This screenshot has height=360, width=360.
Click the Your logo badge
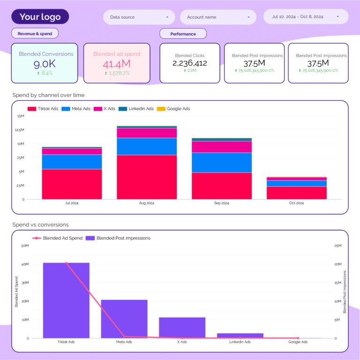(40, 17)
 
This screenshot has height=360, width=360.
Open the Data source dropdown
(139, 17)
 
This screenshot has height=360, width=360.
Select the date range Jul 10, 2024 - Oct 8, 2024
(306, 16)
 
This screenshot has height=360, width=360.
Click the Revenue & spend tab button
(35, 34)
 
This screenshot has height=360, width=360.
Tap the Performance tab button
(183, 34)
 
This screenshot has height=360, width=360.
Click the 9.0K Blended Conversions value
(46, 64)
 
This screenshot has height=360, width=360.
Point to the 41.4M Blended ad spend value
(117, 64)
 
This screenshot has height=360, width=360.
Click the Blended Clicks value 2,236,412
(190, 63)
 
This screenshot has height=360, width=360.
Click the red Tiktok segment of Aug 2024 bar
(147, 177)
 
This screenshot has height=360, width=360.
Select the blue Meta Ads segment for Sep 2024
(222, 163)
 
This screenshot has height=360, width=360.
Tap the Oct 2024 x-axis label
(296, 203)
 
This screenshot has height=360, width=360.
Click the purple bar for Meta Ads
(124, 319)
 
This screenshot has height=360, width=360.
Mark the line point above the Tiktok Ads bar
(66, 263)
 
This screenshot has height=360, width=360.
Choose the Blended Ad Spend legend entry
(58, 238)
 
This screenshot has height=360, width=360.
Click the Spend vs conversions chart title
(40, 225)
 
